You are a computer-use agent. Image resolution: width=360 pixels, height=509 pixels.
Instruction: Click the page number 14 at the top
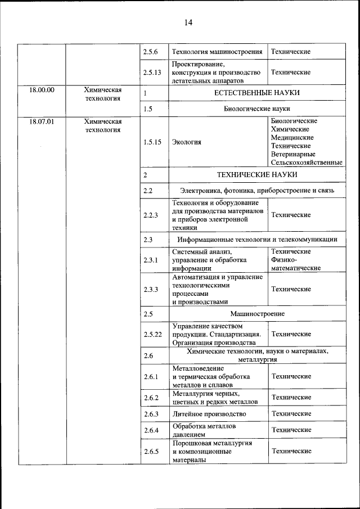(188, 22)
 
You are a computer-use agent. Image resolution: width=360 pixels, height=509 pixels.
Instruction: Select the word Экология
(187, 142)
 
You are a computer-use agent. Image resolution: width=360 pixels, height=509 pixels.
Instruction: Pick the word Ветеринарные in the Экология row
(292, 154)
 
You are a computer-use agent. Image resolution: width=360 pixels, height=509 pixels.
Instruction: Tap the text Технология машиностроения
(217, 52)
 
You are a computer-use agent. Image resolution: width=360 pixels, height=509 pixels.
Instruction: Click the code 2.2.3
(151, 215)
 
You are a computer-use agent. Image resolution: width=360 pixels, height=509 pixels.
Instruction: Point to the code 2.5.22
(152, 334)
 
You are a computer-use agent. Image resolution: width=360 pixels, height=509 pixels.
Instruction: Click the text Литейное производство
(209, 414)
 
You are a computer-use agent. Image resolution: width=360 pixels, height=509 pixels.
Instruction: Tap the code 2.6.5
(151, 451)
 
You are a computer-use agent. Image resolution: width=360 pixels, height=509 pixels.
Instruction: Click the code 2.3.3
(151, 289)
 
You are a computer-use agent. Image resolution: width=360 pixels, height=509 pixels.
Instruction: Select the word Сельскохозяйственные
(307, 163)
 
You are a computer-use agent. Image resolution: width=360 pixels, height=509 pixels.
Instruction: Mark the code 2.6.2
(151, 398)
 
